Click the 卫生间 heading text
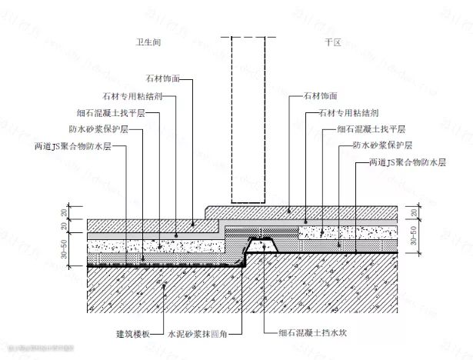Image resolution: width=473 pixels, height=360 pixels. point(148,42)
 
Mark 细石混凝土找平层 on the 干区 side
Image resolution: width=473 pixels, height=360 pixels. point(365,129)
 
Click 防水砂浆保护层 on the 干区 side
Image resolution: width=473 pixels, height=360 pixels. point(382,146)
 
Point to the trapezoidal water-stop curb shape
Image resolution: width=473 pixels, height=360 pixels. point(261,247)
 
